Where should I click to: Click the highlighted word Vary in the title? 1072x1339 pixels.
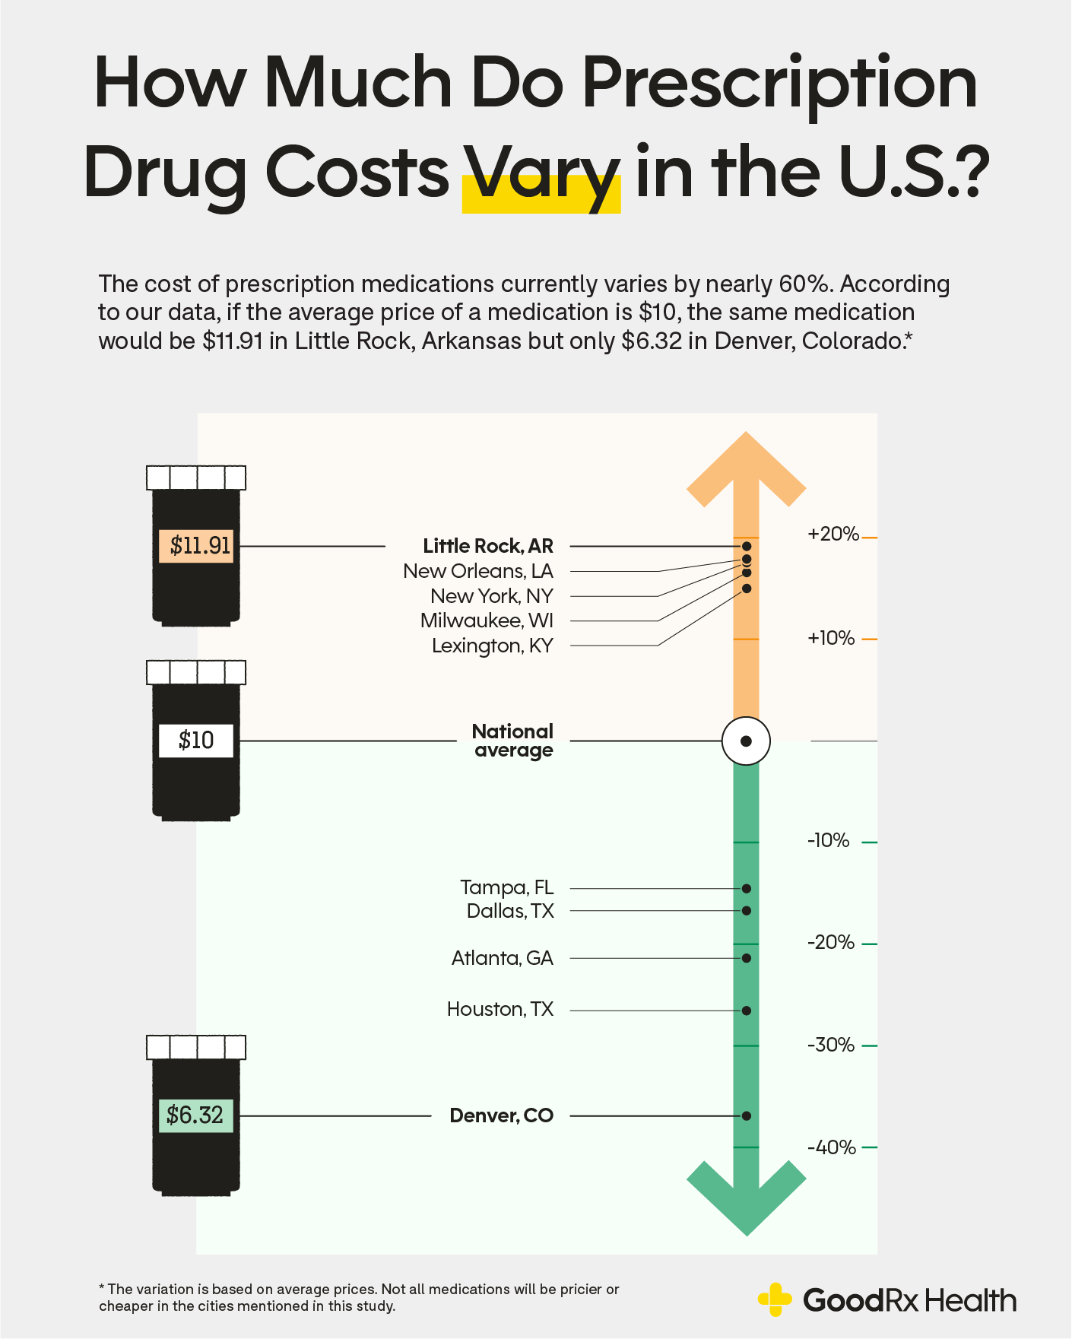(541, 175)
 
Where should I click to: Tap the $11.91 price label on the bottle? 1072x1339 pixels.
(196, 546)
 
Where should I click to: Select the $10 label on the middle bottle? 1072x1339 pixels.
(196, 741)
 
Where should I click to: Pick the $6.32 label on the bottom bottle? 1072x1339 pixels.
(195, 1115)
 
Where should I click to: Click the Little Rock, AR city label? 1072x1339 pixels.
(488, 546)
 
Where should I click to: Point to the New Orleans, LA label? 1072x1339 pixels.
(478, 571)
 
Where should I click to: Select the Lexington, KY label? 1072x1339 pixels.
(492, 646)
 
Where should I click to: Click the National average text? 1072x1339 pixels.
(512, 741)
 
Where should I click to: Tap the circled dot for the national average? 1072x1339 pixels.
(746, 741)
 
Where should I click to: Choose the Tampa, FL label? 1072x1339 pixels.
(506, 887)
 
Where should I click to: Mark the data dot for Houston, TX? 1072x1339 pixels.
(747, 1011)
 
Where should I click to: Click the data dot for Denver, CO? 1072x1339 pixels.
(747, 1115)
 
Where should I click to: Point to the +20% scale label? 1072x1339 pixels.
(833, 534)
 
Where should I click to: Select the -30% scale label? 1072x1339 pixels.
(830, 1045)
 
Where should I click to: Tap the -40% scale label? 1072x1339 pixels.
(831, 1147)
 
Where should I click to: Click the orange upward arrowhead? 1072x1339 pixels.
(746, 468)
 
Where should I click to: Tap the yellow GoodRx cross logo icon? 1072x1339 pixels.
(775, 1299)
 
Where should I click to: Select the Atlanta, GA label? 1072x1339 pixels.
(502, 958)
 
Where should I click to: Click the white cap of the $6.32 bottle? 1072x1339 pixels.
(196, 1048)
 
